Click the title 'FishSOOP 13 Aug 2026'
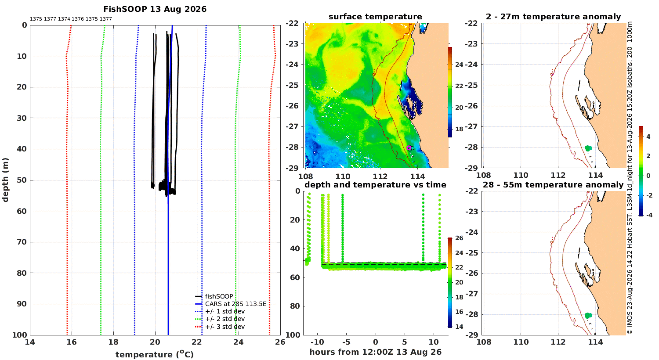click(155, 9)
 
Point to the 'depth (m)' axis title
click(5, 180)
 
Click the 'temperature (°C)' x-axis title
click(155, 354)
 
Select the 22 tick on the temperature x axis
click(197, 342)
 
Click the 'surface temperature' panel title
click(375, 17)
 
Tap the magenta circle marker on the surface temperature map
click(409, 148)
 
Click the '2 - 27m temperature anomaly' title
click(554, 17)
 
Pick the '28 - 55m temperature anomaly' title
click(553, 185)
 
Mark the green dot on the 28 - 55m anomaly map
click(588, 315)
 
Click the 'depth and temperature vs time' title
click(375, 185)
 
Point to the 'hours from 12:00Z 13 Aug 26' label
click(375, 352)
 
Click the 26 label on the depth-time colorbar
click(459, 238)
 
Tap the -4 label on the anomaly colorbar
click(648, 216)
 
